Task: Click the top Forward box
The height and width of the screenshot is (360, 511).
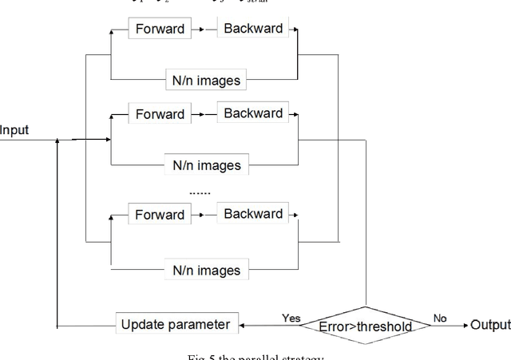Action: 160,30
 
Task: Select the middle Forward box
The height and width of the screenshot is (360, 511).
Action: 160,114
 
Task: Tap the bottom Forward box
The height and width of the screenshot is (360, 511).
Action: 160,215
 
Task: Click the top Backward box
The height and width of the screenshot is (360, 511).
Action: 252,29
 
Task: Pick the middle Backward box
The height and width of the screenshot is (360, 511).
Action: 252,113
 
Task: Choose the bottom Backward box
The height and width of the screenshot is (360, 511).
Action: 252,214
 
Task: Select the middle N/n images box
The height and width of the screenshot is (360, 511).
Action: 207,166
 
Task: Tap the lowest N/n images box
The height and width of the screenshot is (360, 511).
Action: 207,270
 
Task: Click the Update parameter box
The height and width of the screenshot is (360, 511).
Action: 176,324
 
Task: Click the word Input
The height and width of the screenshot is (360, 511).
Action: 14,129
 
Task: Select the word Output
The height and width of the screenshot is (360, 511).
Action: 490,325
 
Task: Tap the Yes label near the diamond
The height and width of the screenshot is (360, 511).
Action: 292,317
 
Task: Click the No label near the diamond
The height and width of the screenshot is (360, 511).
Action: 439,317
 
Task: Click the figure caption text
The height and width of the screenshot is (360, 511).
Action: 255,355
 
